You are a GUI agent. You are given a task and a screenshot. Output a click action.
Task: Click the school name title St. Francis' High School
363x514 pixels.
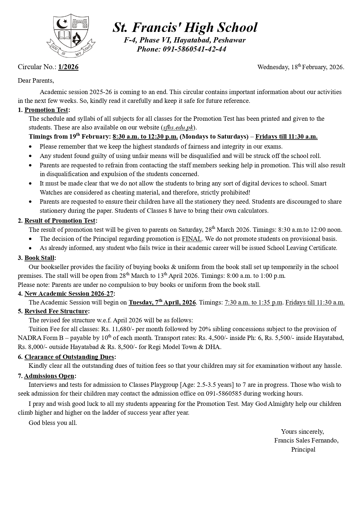coord(185,28)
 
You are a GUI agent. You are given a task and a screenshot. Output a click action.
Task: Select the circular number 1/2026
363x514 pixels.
coord(68,67)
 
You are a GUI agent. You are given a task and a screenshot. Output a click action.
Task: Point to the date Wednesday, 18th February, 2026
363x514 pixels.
coord(300,67)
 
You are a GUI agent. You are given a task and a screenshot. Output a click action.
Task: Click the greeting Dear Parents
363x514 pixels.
coord(36,81)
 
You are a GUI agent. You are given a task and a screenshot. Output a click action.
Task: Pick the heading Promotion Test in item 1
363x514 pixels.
coord(46,110)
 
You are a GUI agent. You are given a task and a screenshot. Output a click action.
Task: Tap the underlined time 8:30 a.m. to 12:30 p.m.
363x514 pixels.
coord(145,137)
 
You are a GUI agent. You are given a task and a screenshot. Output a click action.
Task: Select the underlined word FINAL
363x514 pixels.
coord(192,239)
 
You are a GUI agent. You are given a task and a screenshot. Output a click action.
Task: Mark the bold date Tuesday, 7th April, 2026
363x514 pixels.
coord(162,302)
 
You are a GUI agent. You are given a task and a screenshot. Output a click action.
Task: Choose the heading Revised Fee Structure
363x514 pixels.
coord(56,311)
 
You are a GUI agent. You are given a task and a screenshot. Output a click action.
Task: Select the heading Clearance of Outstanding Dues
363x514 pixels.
coord(69,357)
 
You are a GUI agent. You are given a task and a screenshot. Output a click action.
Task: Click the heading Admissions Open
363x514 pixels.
coord(49,376)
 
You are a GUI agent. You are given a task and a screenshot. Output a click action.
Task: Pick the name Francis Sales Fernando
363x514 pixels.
coord(306,440)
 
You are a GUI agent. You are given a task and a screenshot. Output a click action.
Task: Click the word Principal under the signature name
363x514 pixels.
coord(303,450)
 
